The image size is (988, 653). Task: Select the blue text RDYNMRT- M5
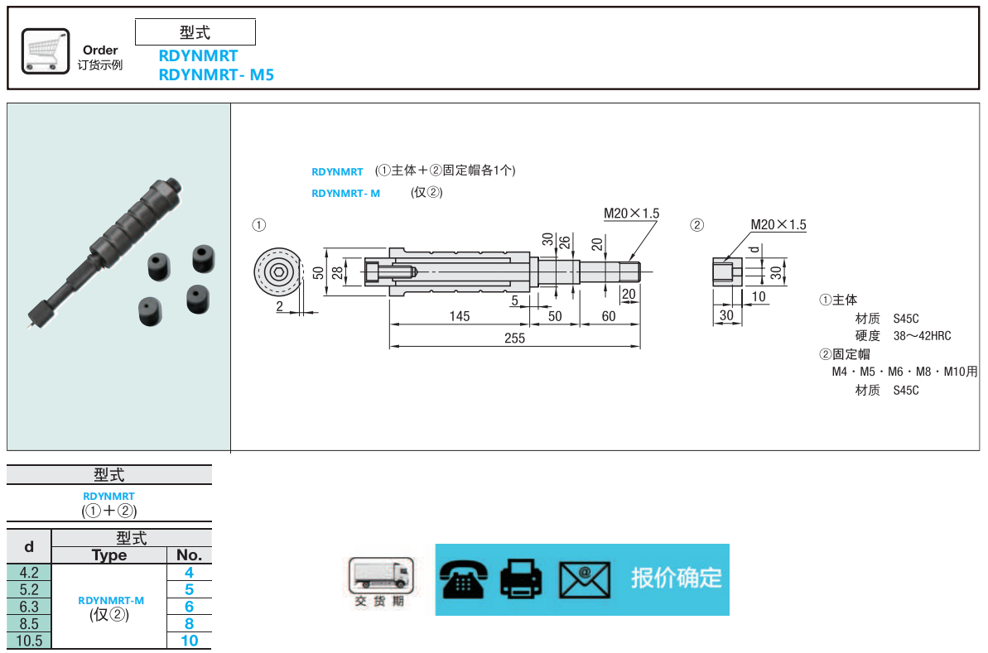point(215,74)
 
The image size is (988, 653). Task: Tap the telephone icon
point(464,579)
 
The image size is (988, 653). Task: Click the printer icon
point(521,579)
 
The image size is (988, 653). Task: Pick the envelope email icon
point(584,579)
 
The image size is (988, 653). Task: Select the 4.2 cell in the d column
point(29,572)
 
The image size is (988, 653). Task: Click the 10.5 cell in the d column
point(29,641)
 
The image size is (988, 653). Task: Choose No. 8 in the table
point(189,624)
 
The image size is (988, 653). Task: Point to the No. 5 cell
point(189,589)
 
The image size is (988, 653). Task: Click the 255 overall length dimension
point(514,339)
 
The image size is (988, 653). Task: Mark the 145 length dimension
point(460,316)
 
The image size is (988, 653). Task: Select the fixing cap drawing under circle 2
point(725,271)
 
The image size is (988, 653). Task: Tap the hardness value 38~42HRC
point(922,336)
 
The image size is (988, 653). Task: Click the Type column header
point(109,555)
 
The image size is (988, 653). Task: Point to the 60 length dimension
point(609,316)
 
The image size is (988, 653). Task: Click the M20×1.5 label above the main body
point(631,214)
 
